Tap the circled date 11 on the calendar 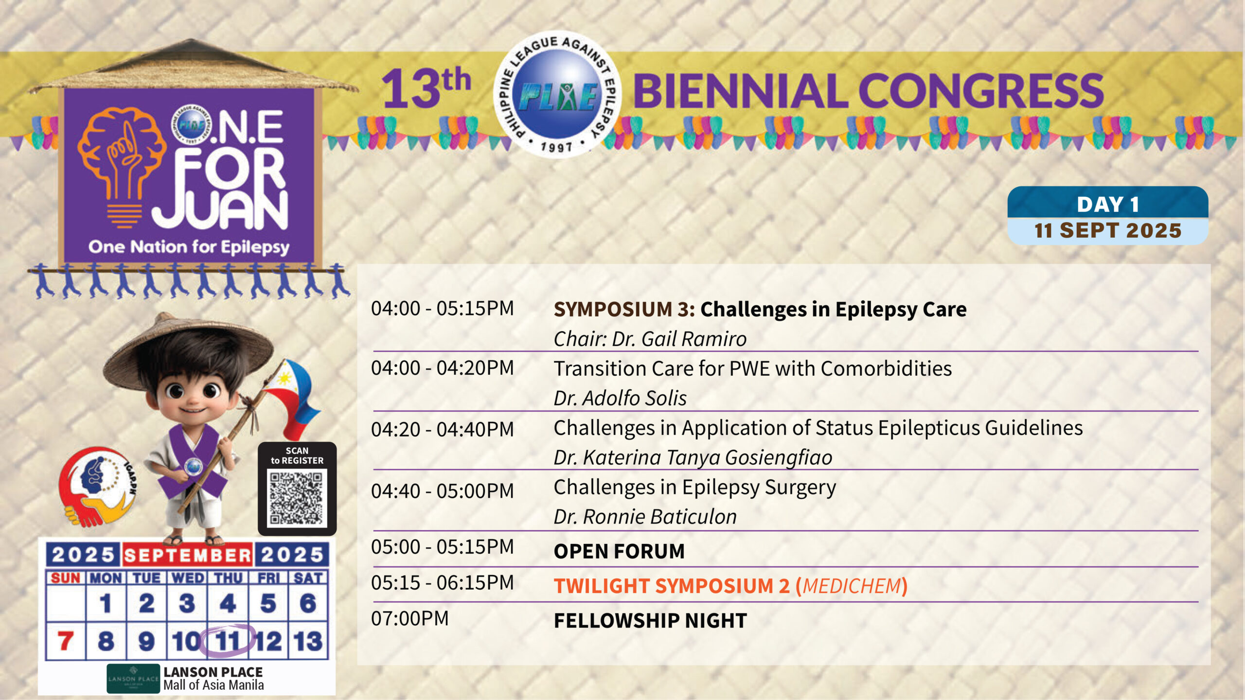[228, 641]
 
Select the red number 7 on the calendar [66, 641]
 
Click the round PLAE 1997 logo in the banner [557, 94]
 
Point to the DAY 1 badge [1107, 204]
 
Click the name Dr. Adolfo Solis [620, 398]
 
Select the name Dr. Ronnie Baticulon [645, 517]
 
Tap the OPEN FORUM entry [619, 551]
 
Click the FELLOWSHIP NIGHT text [650, 620]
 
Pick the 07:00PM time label [409, 618]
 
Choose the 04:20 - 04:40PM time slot [442, 429]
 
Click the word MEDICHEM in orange [852, 586]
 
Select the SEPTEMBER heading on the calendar [187, 555]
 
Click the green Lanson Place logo [133, 678]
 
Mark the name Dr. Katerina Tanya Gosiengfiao [693, 457]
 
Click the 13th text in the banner [426, 88]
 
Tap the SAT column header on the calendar [308, 578]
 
